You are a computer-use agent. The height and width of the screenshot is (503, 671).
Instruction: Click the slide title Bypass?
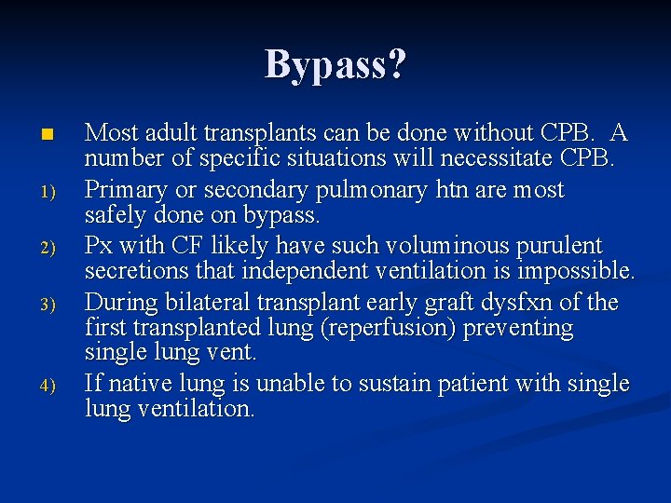[x=335, y=65]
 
